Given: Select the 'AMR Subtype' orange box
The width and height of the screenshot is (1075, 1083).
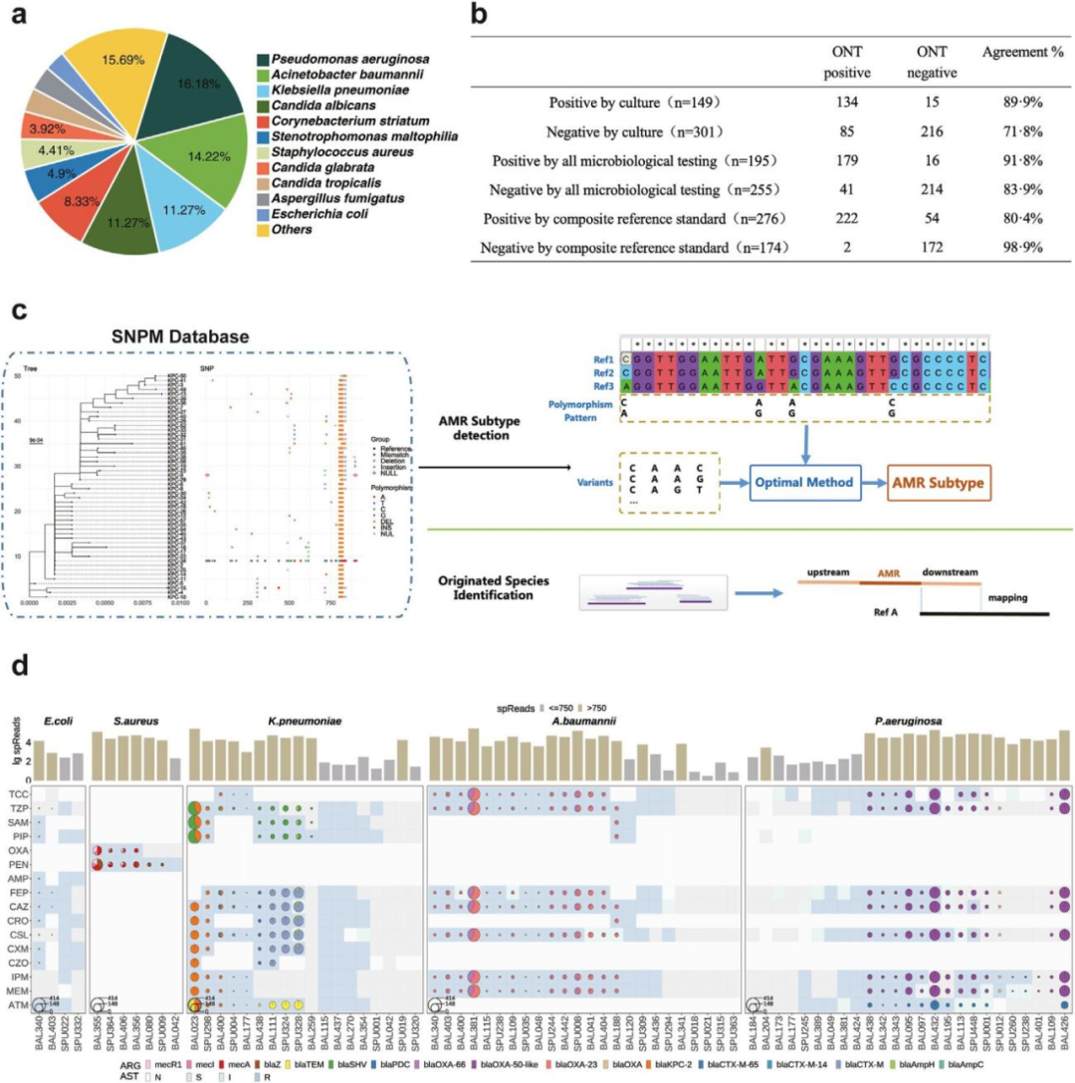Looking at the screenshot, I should tap(938, 481).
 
